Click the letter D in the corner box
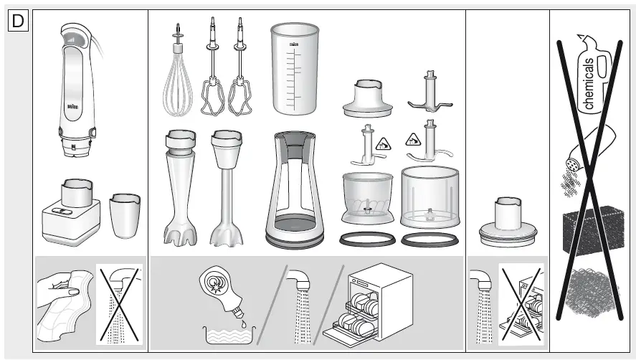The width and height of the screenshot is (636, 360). tap(17, 22)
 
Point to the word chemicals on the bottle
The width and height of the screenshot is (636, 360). tap(589, 82)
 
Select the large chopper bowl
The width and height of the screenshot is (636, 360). tap(429, 197)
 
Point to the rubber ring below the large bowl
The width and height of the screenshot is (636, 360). tap(429, 240)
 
